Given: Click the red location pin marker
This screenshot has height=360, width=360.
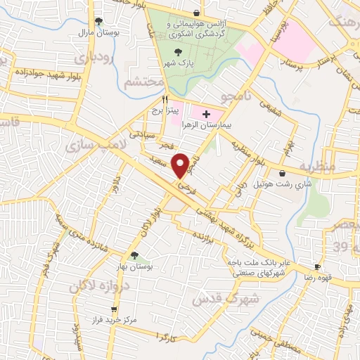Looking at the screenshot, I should point(181,165).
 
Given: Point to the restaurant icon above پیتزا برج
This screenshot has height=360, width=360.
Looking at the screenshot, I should point(165,99).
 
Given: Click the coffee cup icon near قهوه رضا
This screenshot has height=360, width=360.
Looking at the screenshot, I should point(317,267).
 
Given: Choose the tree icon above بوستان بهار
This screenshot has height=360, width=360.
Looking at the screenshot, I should point(134,256).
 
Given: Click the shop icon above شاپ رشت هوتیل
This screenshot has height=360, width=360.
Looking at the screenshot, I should point(282,173).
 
